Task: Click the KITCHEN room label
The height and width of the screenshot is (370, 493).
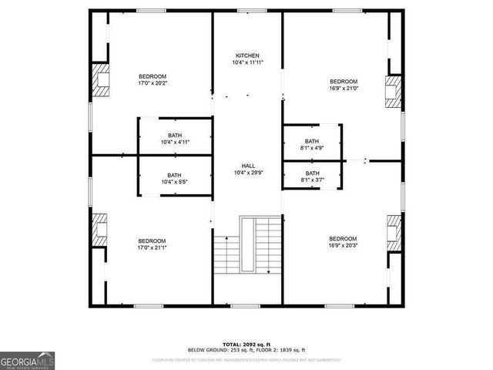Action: coord(247,55)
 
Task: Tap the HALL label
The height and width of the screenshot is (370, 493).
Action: coord(248,166)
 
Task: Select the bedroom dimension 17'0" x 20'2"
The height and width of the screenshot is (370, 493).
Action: coord(153,83)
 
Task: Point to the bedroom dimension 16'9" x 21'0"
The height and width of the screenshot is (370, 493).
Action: coord(344,89)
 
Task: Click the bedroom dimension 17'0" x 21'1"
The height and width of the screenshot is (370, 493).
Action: coord(152,248)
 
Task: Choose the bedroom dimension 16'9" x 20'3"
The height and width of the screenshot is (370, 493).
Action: coord(343,245)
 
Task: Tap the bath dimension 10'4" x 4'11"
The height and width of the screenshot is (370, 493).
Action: coord(175,142)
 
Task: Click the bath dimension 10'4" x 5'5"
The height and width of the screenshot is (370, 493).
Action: coord(175,182)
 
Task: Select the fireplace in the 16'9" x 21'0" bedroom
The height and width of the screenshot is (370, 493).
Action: coord(394,90)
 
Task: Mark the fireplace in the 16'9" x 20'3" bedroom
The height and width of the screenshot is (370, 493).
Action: coord(394,230)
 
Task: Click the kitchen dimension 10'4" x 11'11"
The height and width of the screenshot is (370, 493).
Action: coord(247,62)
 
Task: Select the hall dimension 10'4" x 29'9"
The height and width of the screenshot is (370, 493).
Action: coord(248,173)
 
